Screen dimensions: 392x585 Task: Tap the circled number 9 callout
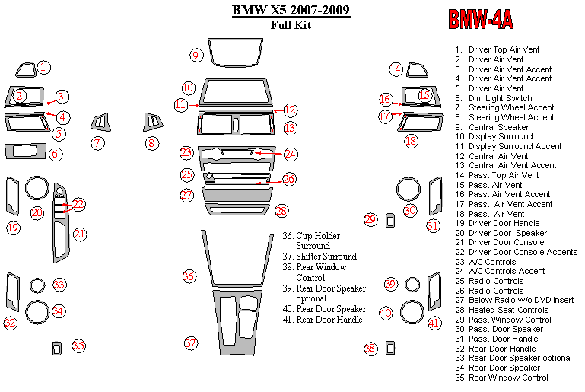tap(196, 55)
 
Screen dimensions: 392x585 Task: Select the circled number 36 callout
tap(189, 276)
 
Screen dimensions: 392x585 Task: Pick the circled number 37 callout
tap(191, 343)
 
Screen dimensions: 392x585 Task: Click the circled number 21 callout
tap(80, 234)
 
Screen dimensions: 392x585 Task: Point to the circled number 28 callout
tap(281, 210)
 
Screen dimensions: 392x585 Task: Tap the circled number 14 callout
tap(396, 69)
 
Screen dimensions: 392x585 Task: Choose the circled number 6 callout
tap(56, 154)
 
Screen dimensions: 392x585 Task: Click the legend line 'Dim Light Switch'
tap(500, 98)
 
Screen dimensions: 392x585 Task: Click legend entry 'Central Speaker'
tap(498, 127)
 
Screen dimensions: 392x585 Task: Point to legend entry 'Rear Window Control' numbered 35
tap(508, 378)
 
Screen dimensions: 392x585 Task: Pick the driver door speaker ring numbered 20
tap(37, 188)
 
